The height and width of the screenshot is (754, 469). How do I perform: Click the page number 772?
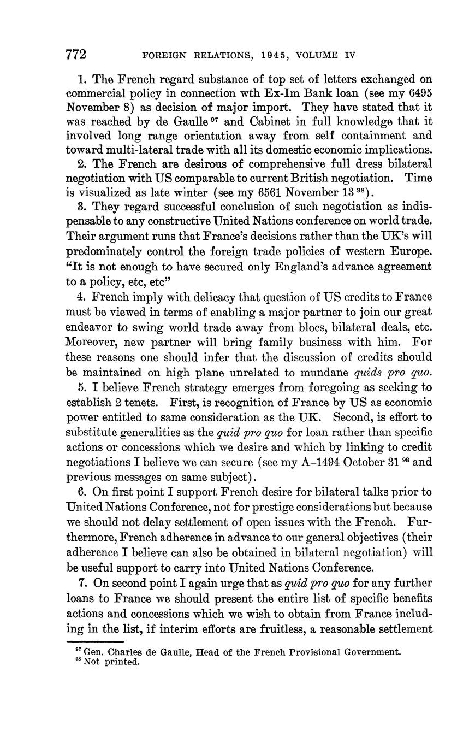pyautogui.click(x=76, y=55)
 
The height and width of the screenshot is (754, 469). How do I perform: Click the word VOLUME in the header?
pyautogui.click(x=314, y=55)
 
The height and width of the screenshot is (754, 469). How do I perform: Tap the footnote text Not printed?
pyautogui.click(x=111, y=662)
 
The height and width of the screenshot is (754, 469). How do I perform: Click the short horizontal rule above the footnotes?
pyautogui.click(x=95, y=641)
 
